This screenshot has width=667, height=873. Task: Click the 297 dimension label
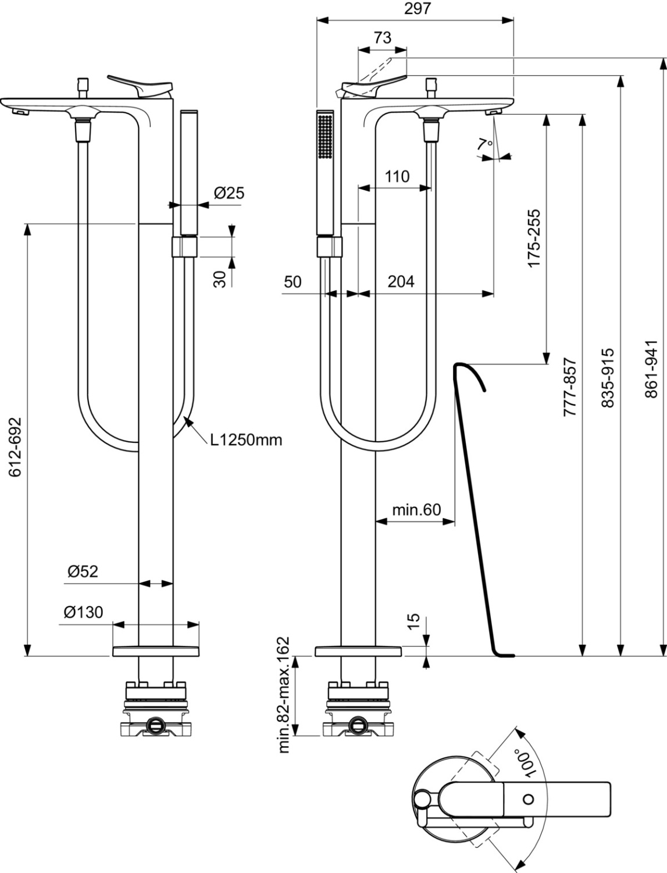pyautogui.click(x=418, y=8)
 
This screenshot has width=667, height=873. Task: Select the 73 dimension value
pyautogui.click(x=383, y=37)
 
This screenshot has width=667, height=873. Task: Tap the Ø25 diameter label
pyautogui.click(x=229, y=193)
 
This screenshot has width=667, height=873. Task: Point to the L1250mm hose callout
pyautogui.click(x=246, y=440)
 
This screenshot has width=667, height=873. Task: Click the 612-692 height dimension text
pyautogui.click(x=15, y=447)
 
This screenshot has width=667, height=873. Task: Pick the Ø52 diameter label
pyautogui.click(x=83, y=572)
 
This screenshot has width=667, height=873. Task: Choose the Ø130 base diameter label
pyautogui.click(x=83, y=612)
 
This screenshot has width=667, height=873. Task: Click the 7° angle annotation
pyautogui.click(x=485, y=144)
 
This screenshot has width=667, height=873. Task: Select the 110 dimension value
pyautogui.click(x=397, y=176)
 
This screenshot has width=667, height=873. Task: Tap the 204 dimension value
pyautogui.click(x=401, y=282)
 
